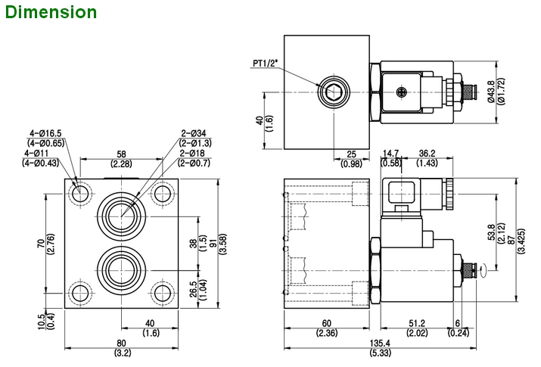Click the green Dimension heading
(x=49, y=12)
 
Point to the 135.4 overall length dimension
(x=381, y=345)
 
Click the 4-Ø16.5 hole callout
(x=45, y=133)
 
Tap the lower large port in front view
(x=122, y=268)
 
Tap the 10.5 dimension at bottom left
(x=43, y=321)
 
